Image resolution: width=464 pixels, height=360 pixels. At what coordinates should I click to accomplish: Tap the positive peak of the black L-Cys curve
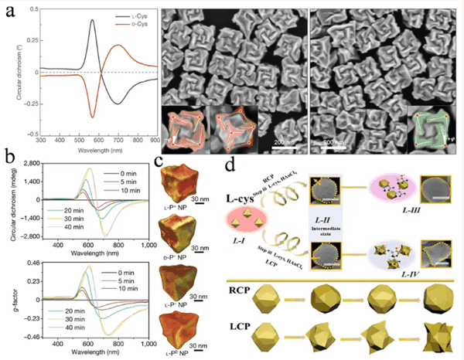click(93, 21)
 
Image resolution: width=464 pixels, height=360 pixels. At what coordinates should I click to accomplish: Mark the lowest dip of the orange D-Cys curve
click(93, 117)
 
